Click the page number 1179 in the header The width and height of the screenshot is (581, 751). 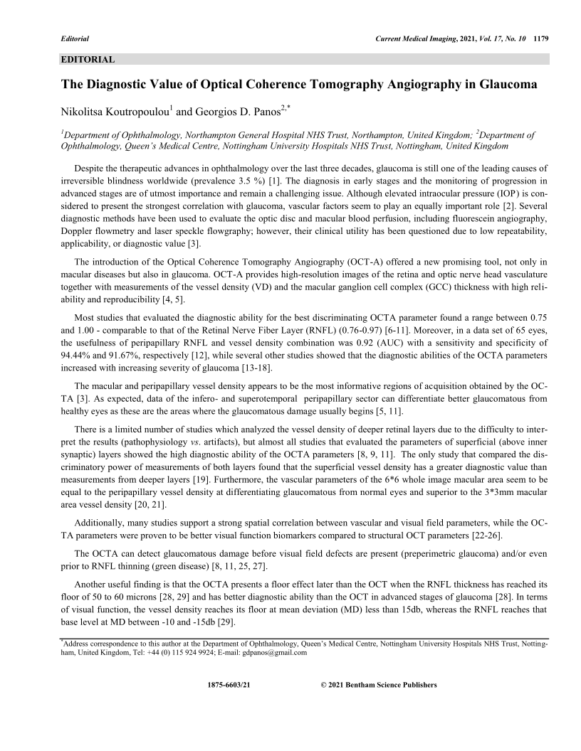540,37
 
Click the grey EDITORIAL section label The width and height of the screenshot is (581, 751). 88,60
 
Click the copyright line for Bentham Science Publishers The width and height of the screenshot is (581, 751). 379,685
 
